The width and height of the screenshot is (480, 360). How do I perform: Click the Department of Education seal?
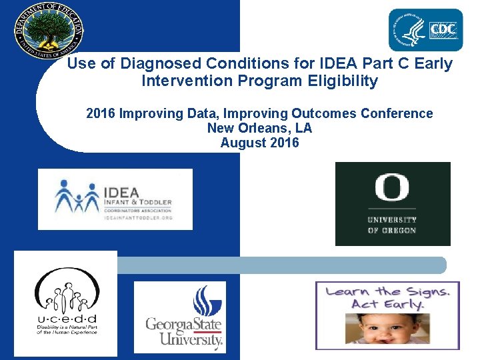pyautogui.click(x=49, y=31)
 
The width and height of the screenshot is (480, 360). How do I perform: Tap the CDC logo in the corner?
pyautogui.click(x=425, y=30)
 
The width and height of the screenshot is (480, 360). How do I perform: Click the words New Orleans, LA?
pyautogui.click(x=259, y=128)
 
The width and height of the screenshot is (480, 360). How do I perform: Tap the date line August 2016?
pyautogui.click(x=259, y=143)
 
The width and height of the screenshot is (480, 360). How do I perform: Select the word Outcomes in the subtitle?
pyautogui.click(x=322, y=113)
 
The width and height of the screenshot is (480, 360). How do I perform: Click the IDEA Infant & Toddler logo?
pyautogui.click(x=115, y=199)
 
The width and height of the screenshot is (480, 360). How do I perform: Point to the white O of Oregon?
pyautogui.click(x=392, y=189)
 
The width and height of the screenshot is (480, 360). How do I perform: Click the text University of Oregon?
pyautogui.click(x=392, y=225)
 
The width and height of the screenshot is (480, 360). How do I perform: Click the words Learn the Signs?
pyautogui.click(x=387, y=291)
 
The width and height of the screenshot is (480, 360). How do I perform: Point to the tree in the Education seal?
pyautogui.click(x=49, y=29)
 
